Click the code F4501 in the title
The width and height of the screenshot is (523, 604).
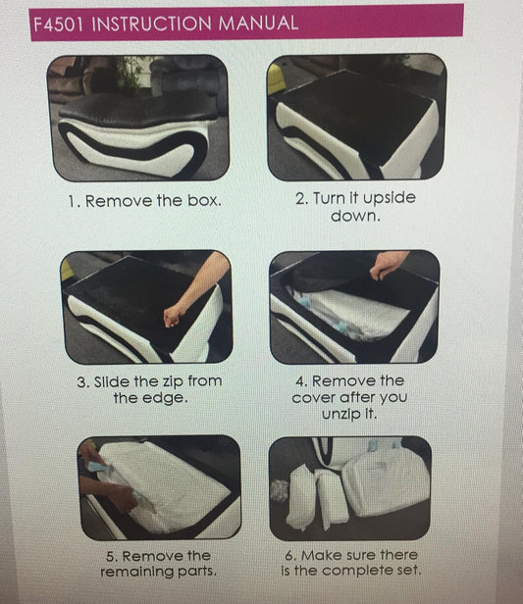coord(58,25)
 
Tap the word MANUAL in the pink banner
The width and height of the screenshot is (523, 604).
coord(258,23)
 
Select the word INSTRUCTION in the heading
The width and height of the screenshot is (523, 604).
coord(151,24)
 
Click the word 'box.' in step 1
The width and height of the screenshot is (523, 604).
coord(204,201)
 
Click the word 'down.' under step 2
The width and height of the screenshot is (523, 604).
coord(355,216)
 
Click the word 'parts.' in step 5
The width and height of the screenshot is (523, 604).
coord(196,572)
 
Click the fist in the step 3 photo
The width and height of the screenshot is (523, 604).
coord(173,316)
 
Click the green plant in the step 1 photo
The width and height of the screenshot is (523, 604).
coord(130,74)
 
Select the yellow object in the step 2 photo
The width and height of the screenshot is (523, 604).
coord(274,78)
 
